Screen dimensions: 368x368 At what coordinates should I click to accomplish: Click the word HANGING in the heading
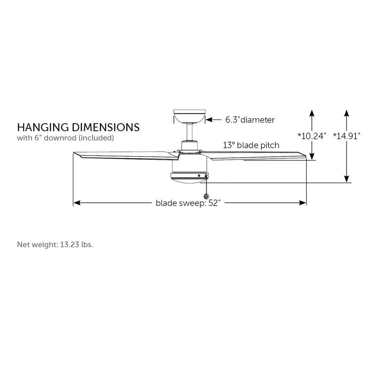tap(43, 127)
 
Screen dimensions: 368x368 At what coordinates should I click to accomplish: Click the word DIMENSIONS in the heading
tap(106, 127)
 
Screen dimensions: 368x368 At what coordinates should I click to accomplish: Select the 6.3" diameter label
tap(250, 120)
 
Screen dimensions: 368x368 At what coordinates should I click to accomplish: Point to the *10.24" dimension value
tap(312, 136)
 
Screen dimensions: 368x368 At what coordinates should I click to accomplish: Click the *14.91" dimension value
tap(347, 136)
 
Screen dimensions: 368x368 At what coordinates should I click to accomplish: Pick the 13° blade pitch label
tap(251, 145)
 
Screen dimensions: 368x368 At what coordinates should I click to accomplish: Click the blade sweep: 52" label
tap(188, 203)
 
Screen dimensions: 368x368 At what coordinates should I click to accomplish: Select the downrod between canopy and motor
tap(190, 132)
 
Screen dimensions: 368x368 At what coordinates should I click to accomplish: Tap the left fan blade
tap(127, 156)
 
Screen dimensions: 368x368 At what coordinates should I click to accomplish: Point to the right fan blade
tap(254, 156)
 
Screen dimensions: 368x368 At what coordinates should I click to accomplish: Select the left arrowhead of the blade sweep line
tap(77, 203)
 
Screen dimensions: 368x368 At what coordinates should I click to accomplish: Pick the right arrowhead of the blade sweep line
tap(303, 203)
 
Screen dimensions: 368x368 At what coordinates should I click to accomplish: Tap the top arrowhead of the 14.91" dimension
tap(347, 113)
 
